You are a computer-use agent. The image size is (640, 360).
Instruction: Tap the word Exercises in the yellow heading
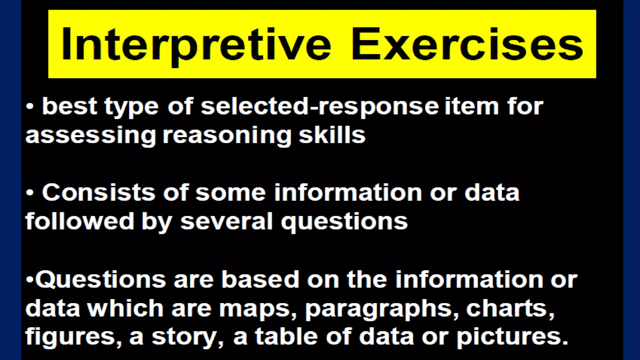pos(467,44)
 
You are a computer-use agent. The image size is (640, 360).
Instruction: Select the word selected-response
pos(320,107)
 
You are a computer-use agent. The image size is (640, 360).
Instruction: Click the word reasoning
pos(227,135)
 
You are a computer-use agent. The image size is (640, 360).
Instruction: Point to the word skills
pos(332,135)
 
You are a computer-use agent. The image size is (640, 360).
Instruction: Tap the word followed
pos(80,221)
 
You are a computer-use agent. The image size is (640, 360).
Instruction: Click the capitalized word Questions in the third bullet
pos(101,279)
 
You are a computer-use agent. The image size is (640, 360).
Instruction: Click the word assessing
pos(91,135)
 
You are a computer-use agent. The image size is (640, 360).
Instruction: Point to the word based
pos(260,279)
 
